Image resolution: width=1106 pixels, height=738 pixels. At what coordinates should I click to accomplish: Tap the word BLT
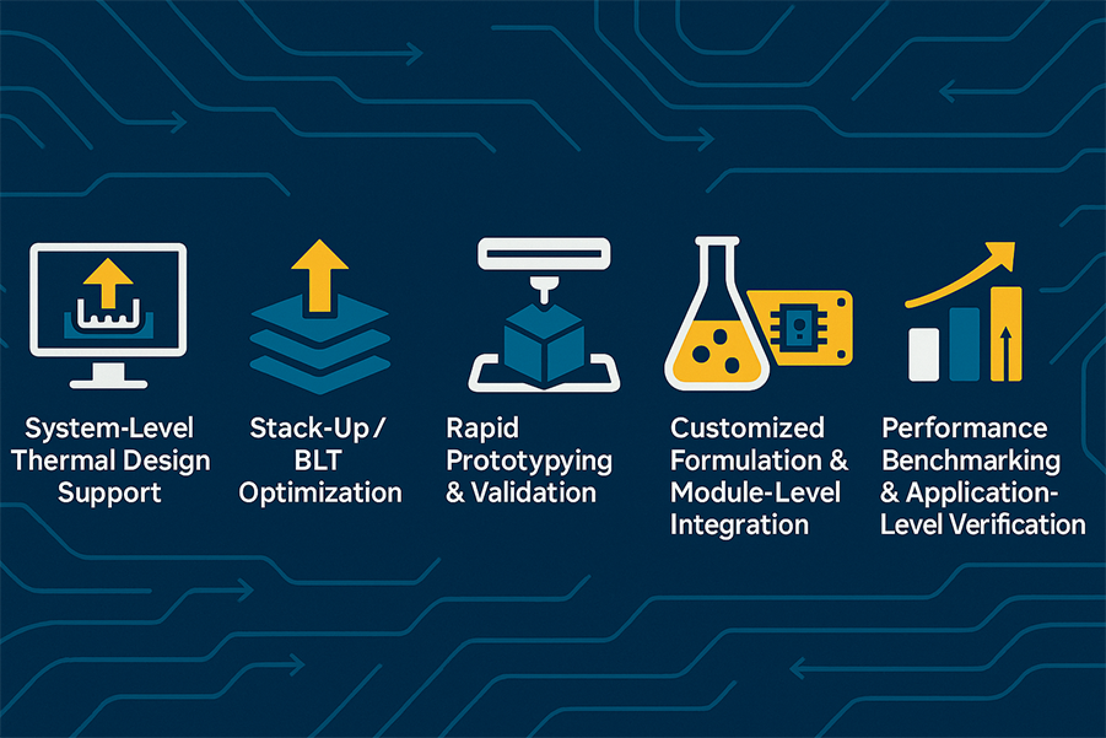tap(318, 460)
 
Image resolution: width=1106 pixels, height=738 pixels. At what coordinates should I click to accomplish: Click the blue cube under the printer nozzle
tap(544, 343)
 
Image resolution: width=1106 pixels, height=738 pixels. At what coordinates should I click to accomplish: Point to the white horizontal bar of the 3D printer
tap(544, 254)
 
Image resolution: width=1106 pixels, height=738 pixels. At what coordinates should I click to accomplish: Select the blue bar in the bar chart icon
tap(965, 344)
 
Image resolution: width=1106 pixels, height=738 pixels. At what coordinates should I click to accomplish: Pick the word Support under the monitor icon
tap(109, 494)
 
